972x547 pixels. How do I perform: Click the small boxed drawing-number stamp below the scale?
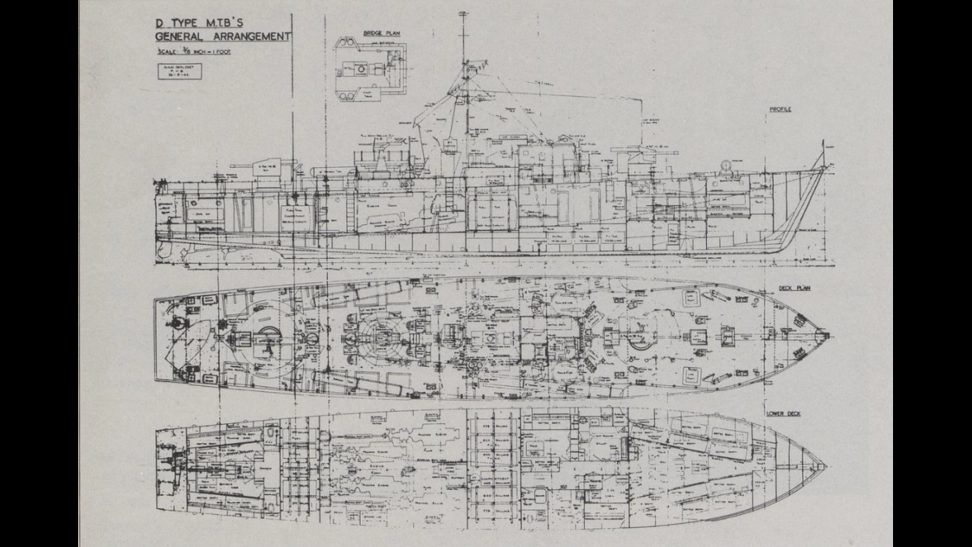click(x=179, y=71)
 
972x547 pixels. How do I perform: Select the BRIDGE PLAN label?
click(x=381, y=33)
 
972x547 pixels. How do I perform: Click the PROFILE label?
click(x=780, y=109)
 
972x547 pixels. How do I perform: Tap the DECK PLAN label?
click(x=794, y=289)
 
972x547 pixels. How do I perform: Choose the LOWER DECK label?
click(x=783, y=414)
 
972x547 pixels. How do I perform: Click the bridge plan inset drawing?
click(x=370, y=70)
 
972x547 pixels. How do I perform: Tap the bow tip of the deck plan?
click(x=828, y=335)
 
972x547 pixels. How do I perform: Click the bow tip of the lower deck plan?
click(x=825, y=466)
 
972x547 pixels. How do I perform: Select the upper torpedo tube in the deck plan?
click(x=357, y=292)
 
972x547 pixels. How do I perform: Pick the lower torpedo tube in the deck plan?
click(x=357, y=380)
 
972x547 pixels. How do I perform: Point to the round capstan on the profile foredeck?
click(x=725, y=165)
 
